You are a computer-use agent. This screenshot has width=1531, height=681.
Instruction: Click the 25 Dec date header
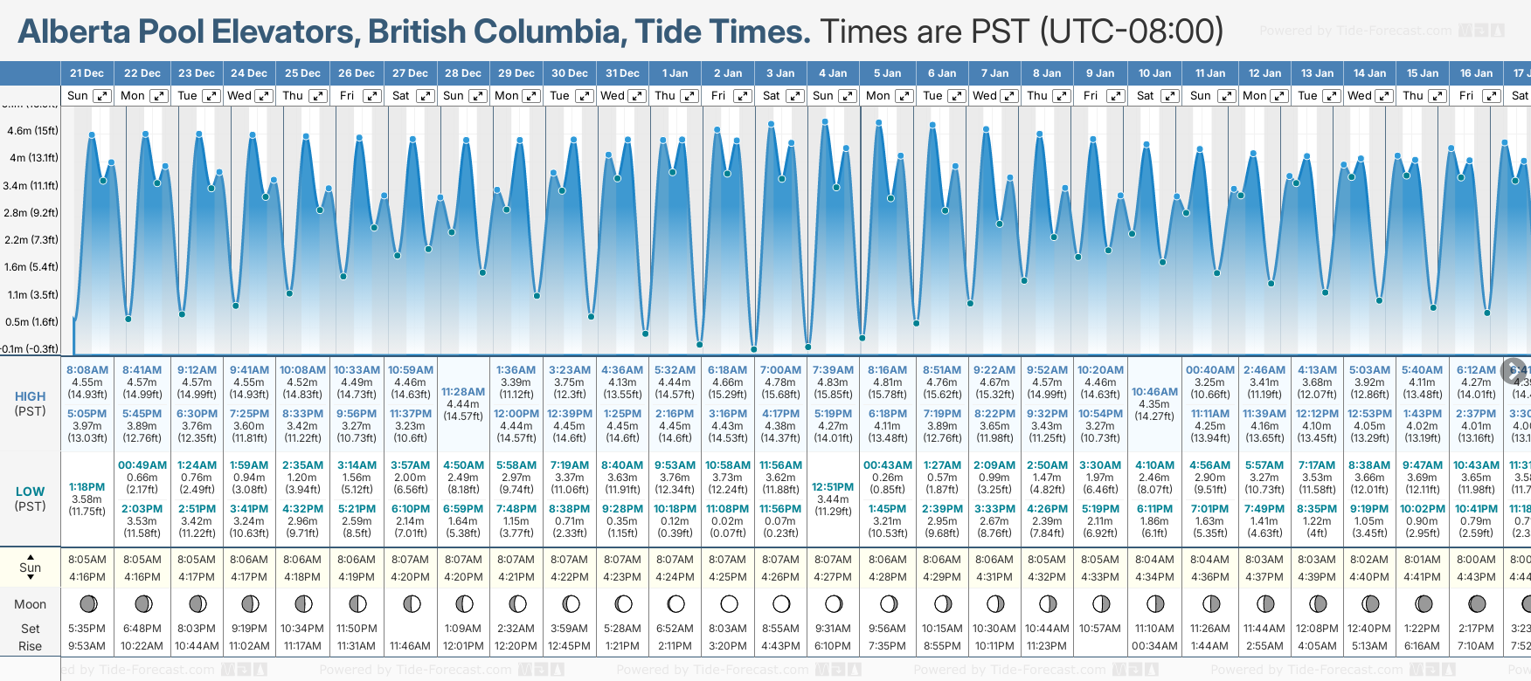(x=302, y=73)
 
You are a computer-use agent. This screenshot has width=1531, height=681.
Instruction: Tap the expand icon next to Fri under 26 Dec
(x=372, y=96)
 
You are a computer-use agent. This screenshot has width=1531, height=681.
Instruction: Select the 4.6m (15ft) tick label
(x=32, y=131)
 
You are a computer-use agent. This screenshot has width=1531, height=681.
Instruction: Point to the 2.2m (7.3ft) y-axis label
(x=32, y=240)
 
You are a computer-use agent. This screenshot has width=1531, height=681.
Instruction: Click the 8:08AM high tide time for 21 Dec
(x=87, y=370)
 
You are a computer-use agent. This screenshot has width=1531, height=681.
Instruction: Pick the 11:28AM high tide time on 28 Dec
(x=463, y=392)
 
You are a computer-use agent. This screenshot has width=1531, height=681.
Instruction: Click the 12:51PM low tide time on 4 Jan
(x=833, y=487)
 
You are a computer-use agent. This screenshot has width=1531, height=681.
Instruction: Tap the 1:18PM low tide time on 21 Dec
(x=87, y=487)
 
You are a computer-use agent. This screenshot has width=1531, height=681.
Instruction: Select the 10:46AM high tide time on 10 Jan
(x=1154, y=392)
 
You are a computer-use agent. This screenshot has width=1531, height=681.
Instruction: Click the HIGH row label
(x=30, y=396)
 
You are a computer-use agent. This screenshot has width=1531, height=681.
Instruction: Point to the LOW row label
(x=30, y=492)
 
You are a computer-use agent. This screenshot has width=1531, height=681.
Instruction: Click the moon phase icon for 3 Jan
(x=781, y=603)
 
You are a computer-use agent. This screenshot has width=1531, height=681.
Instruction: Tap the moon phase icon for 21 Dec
(x=87, y=603)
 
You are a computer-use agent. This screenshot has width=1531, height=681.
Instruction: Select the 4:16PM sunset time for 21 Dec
(x=87, y=577)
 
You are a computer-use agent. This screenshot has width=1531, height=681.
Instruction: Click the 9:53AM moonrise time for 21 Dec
(x=87, y=646)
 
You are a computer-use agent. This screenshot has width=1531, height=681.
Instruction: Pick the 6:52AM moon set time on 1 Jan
(x=675, y=629)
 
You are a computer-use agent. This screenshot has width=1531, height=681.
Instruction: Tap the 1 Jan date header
(x=675, y=73)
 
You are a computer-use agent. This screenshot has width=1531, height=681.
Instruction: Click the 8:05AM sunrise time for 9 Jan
(x=1100, y=560)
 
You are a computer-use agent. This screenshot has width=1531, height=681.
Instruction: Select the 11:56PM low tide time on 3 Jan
(x=780, y=509)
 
